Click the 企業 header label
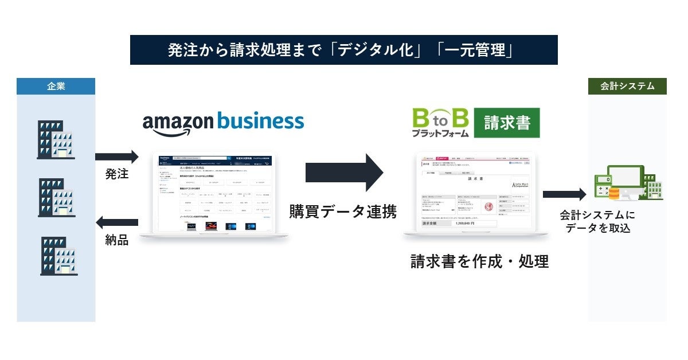[x=56, y=87]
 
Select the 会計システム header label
[x=627, y=87]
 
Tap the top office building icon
[x=56, y=139]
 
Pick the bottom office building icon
[x=58, y=256]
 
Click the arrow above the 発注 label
[x=117, y=156]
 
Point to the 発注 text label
[x=117, y=174]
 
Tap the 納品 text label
[x=117, y=240]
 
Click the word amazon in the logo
[x=177, y=123]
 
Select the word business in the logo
[x=261, y=121]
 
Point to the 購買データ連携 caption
[x=343, y=212]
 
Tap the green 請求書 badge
[x=507, y=123]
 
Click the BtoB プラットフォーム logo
[x=440, y=123]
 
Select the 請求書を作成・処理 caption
[x=479, y=261]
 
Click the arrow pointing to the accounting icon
[x=564, y=194]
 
